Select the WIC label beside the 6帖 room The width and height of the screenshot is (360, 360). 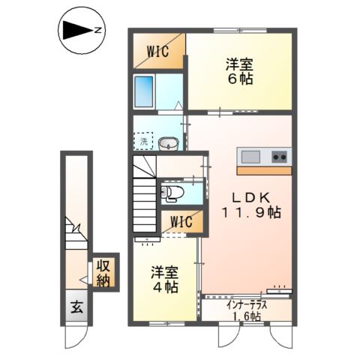157,52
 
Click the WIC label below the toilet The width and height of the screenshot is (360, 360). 181,222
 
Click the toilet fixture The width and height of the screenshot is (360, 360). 169,194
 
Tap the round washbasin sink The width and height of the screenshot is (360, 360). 169,143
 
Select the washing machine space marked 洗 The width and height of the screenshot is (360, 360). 143,140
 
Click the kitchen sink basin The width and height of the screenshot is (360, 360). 250,157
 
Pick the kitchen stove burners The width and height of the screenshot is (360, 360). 279,157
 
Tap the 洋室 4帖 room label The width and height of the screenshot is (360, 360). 164,279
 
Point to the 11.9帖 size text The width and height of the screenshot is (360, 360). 252,213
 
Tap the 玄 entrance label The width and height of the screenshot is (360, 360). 76,307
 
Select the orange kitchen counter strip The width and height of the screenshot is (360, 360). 264,170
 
